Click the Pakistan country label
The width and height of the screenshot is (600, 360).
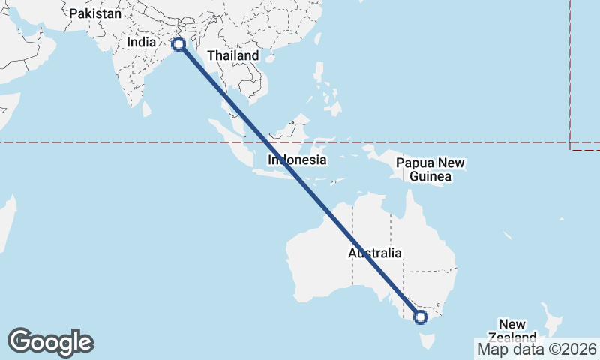point(94,13)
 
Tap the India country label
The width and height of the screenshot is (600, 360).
point(141,43)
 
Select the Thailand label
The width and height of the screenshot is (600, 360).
point(232,55)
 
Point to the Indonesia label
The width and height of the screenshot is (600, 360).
point(298,160)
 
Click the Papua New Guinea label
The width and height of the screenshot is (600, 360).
point(430,169)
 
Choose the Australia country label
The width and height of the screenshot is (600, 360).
point(374,253)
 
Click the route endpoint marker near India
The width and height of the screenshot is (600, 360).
point(178,43)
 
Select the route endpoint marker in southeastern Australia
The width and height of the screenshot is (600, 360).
point(420,317)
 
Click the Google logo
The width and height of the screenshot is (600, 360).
point(50,342)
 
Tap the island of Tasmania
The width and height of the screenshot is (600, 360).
point(426,341)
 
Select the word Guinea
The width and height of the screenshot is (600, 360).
point(430,177)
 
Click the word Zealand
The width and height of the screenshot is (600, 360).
point(513,337)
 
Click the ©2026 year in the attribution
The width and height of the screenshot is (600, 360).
point(574,349)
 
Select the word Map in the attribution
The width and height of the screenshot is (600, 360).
point(493,349)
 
